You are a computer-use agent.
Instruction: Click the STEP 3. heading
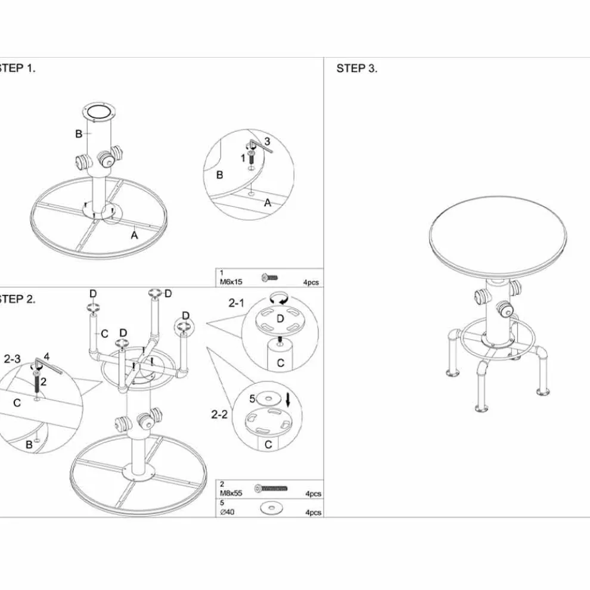click(356, 69)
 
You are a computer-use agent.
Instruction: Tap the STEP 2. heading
click(17, 299)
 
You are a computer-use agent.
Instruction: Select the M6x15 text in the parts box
click(231, 281)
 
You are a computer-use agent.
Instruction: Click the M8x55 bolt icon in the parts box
click(271, 489)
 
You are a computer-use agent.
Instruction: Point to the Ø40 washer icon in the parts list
click(270, 508)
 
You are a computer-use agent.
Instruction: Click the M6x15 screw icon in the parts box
click(269, 278)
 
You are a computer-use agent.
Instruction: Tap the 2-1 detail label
click(237, 303)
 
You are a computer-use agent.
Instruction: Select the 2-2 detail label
click(219, 414)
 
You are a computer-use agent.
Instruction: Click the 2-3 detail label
click(13, 359)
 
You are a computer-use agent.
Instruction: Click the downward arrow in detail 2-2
click(288, 399)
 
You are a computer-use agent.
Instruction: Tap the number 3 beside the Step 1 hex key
click(267, 141)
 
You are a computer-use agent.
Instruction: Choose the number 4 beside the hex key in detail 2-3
click(46, 356)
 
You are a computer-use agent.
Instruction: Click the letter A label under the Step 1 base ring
click(134, 235)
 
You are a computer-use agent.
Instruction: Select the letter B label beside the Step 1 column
click(79, 133)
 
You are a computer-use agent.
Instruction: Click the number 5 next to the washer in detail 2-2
click(253, 399)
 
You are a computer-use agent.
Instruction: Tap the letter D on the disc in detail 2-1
click(280, 319)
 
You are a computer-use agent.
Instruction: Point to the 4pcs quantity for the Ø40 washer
click(313, 512)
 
